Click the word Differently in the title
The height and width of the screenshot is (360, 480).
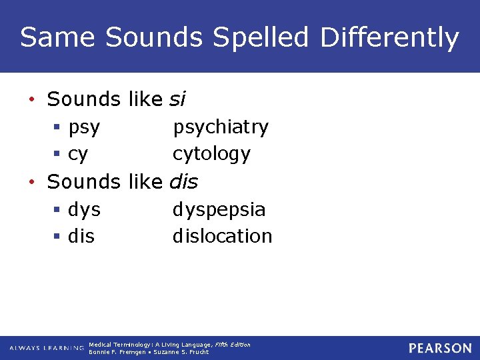[x=389, y=37]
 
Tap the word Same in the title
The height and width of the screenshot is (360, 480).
[x=57, y=37]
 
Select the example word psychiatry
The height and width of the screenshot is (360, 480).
[x=221, y=127]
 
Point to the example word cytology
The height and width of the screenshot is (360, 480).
[x=211, y=154]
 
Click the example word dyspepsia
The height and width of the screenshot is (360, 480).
[x=219, y=209]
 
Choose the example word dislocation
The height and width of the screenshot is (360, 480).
[x=222, y=236]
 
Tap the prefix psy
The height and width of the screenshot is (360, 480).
[x=84, y=127]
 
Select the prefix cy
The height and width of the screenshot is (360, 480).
[x=77, y=155]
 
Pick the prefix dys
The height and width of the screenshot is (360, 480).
[x=84, y=209]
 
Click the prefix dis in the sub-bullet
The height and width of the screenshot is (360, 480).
[x=81, y=236]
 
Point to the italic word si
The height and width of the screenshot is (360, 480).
[x=177, y=99]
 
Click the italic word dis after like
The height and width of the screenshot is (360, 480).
[x=184, y=181]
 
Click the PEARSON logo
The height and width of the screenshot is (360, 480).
[x=440, y=348]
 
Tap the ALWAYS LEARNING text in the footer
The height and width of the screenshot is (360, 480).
[x=46, y=348]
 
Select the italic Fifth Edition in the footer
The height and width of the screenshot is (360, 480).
[x=232, y=345]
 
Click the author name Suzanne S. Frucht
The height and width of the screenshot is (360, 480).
[x=181, y=352]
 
